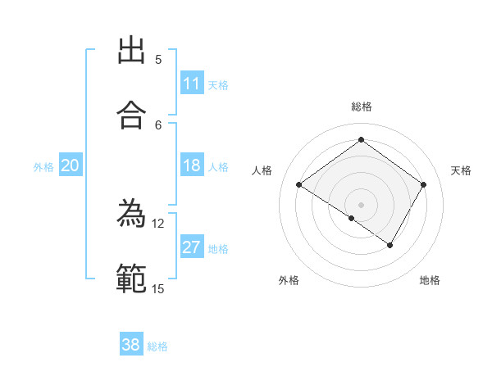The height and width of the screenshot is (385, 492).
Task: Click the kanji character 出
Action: coord(131,51)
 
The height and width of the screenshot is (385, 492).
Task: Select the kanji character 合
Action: coord(131,115)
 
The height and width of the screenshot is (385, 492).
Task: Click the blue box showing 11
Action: coord(192,84)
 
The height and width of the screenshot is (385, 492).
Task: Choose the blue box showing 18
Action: coord(192,165)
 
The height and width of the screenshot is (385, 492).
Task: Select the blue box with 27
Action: coord(192,247)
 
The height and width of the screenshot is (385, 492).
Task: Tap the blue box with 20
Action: coord(71,165)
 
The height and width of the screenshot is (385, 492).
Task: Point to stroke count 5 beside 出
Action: coord(158,60)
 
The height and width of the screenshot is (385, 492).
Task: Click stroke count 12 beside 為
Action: coord(158,223)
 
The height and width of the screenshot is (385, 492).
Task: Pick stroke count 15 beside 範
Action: coord(158,288)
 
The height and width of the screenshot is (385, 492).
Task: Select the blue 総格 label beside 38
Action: coord(157,346)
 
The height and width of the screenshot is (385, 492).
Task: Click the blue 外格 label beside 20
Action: coord(43,167)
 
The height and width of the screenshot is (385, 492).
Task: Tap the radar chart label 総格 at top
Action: coord(361,106)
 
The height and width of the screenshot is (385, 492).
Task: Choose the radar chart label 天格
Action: coord(461,170)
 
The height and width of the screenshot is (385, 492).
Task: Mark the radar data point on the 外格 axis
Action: coord(351,219)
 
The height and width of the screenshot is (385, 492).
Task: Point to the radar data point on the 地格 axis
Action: coord(390,245)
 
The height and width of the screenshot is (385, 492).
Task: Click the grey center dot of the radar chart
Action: coord(361,204)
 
